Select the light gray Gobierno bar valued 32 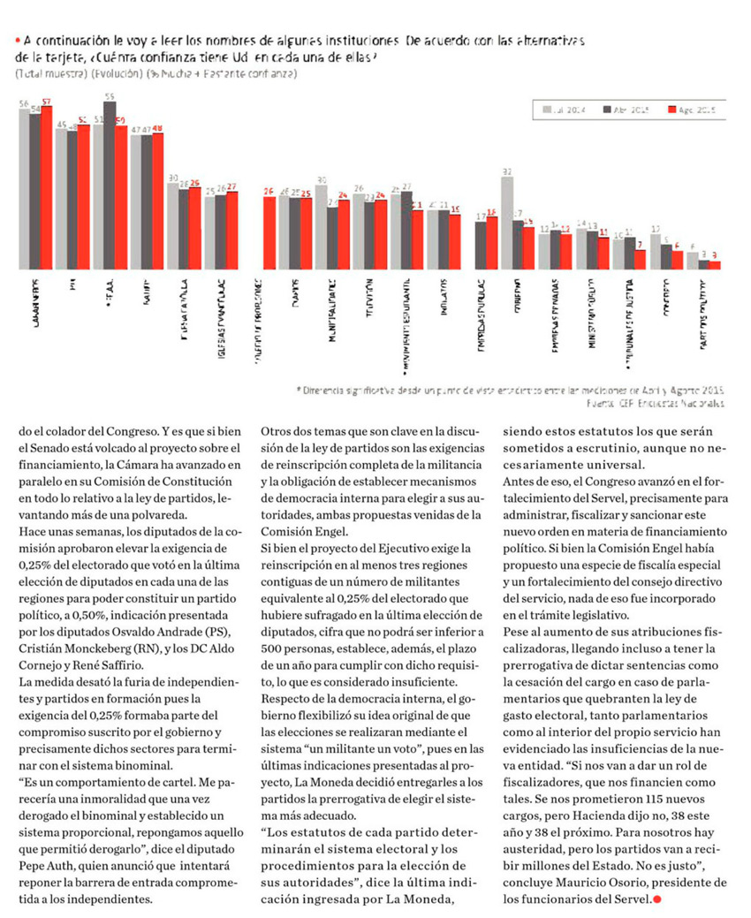click(x=507, y=223)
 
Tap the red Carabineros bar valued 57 click(x=47, y=187)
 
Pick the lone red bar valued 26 click(x=269, y=232)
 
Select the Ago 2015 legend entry click(x=692, y=110)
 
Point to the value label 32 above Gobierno click(x=507, y=171)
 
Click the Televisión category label click(x=370, y=304)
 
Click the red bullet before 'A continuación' click(x=17, y=41)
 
